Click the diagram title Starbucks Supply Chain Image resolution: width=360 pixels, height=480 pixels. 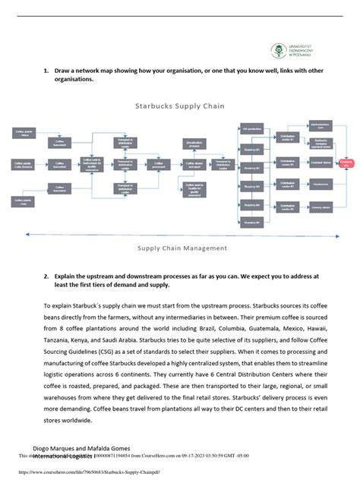tap(179, 106)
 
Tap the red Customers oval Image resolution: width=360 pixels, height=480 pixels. tap(347, 163)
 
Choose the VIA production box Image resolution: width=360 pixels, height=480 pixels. tap(251, 129)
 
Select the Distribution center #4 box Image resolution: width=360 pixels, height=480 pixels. tap(287, 207)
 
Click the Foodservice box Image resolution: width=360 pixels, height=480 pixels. tap(320, 184)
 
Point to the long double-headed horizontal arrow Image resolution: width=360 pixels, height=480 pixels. tap(179, 234)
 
